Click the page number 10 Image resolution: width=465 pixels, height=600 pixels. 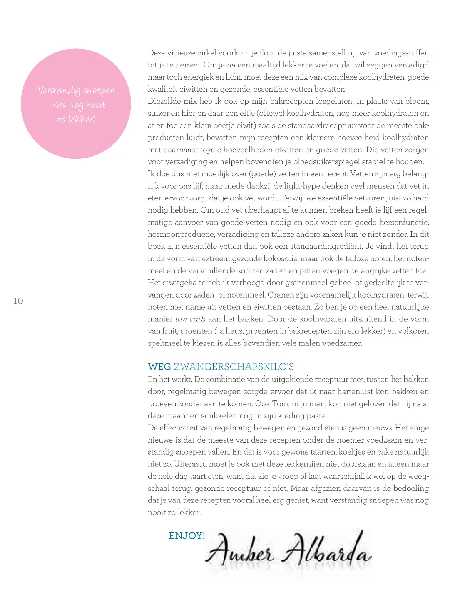18,301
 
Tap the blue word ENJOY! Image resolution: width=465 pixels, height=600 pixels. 187,536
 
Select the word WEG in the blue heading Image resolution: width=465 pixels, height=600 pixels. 159,367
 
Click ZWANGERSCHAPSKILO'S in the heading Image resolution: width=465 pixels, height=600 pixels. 234,367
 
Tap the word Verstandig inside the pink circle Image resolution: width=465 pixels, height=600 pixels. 58,91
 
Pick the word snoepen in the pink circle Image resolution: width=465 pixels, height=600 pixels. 99,91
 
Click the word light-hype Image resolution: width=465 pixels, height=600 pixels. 305,186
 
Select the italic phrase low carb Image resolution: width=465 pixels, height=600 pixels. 190,319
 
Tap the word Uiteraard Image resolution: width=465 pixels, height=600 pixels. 188,464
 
